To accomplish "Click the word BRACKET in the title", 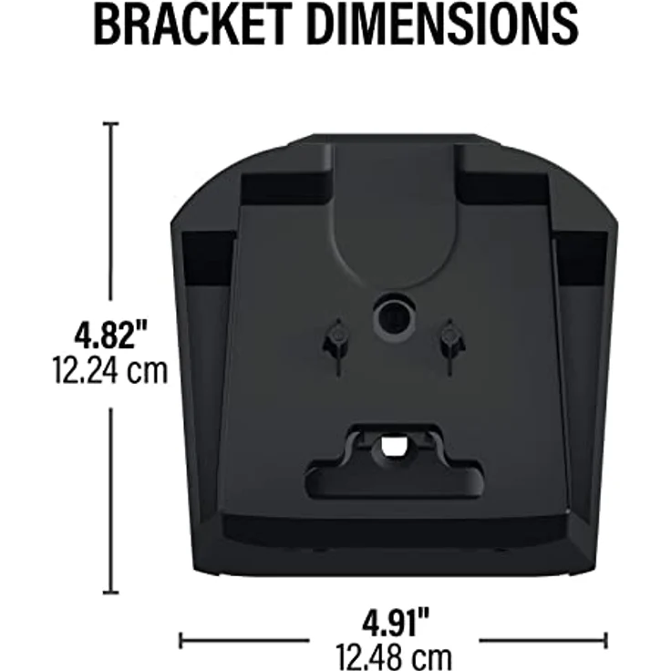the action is pyautogui.click(x=191, y=24).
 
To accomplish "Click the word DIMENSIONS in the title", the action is pyautogui.click(x=442, y=24).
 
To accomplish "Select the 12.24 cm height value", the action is pyautogui.click(x=110, y=370).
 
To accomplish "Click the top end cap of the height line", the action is pyautogui.click(x=111, y=124).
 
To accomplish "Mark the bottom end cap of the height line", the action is pyautogui.click(x=111, y=593).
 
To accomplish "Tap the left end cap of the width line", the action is pyautogui.click(x=181, y=641).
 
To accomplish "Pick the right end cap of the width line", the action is pyautogui.click(x=605, y=641).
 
